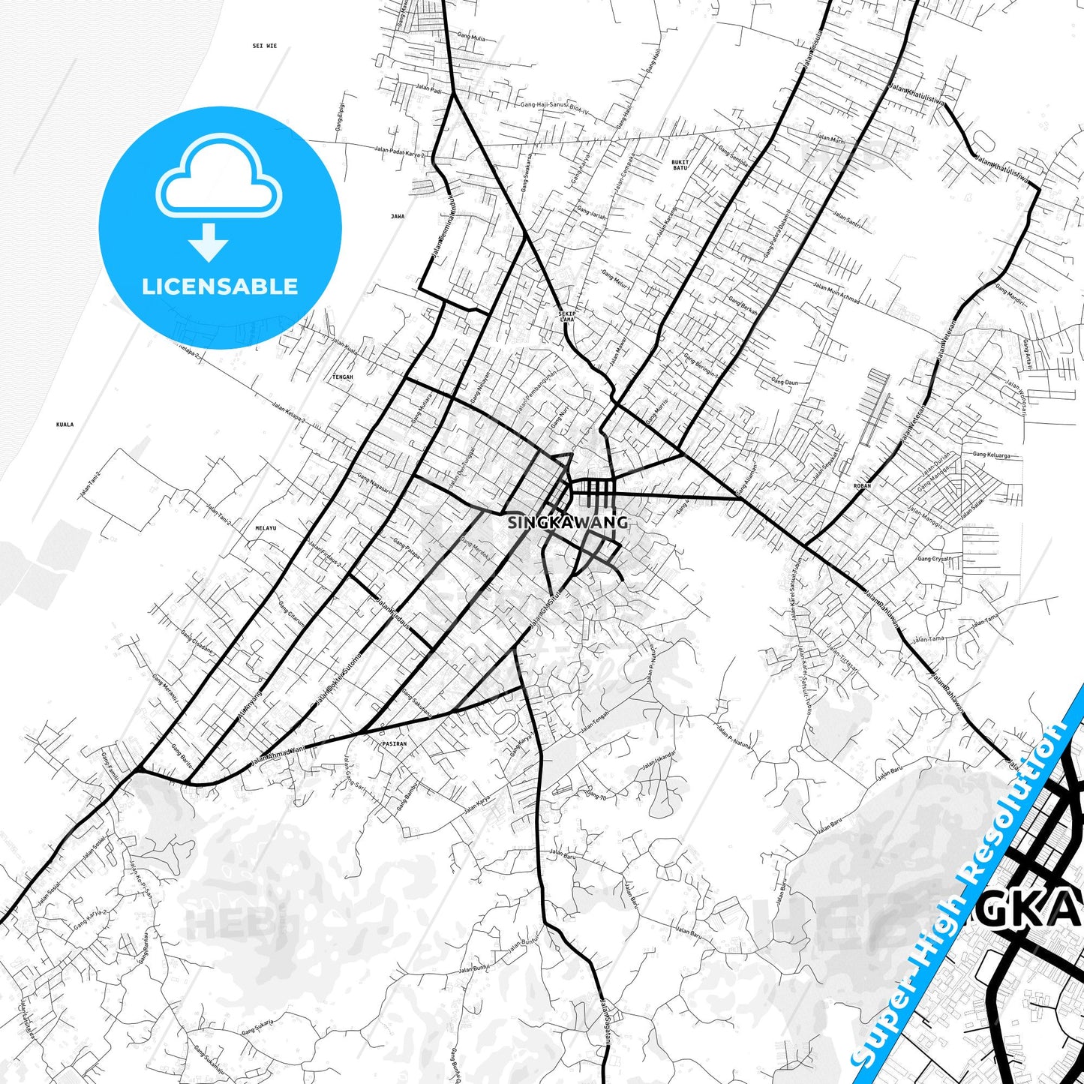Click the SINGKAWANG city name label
[568, 522]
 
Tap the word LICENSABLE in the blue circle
[220, 287]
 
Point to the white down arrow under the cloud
[209, 242]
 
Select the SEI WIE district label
[265, 46]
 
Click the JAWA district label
[398, 216]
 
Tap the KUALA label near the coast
[65, 425]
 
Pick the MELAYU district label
[266, 528]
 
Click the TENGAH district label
[342, 377]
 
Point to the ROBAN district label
[862, 486]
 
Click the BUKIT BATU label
[680, 164]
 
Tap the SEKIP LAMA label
[567, 317]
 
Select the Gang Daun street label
[785, 383]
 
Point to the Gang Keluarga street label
[991, 455]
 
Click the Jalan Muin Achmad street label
[836, 292]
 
